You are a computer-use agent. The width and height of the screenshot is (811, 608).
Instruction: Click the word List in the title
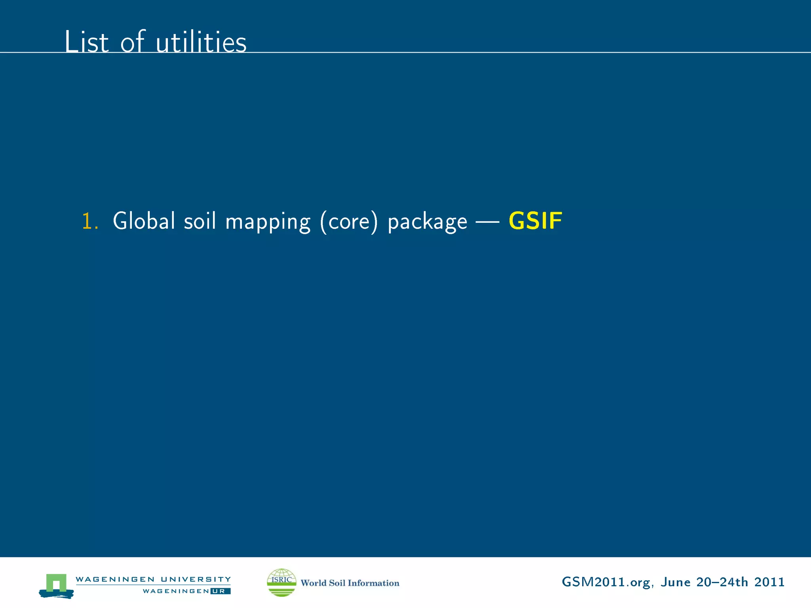pos(86,42)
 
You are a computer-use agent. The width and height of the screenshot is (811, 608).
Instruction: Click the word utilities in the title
pos(201,42)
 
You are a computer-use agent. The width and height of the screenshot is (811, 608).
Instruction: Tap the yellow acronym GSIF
pos(535,221)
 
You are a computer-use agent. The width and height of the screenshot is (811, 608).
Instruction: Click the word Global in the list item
pos(144,221)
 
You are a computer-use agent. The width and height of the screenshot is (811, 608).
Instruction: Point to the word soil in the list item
pos(200,221)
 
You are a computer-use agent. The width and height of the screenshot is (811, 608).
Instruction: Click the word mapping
pos(268,222)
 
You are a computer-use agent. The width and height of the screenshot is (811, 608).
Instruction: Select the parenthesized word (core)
pos(349,222)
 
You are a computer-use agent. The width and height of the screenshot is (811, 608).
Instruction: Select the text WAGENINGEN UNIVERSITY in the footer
pos(153,579)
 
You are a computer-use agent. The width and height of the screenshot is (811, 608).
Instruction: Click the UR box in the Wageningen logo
pos(221,591)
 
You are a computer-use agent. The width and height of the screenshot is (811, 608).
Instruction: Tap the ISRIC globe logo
pos(282,582)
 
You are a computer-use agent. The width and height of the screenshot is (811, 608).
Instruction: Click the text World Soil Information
pos(350,583)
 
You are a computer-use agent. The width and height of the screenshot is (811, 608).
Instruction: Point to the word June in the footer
pos(676,582)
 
